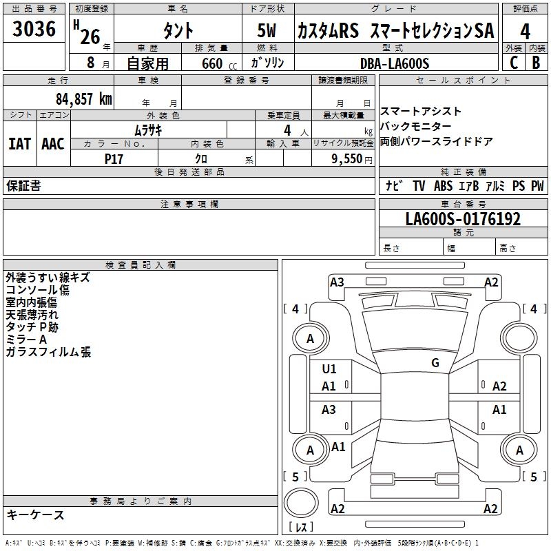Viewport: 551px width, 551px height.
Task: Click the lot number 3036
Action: (34, 29)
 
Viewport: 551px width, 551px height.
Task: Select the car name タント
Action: (178, 31)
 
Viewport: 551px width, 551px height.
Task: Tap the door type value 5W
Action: (268, 31)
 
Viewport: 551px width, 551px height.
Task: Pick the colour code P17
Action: (114, 158)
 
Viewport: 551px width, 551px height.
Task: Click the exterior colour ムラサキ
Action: (147, 129)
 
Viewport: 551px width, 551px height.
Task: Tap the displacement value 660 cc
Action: (211, 64)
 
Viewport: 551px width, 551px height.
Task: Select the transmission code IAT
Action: (19, 143)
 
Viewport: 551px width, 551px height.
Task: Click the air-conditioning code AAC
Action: (53, 143)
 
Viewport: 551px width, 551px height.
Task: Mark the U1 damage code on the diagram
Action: (329, 369)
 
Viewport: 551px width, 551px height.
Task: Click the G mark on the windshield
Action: (435, 363)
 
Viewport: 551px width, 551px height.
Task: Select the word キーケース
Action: (35, 514)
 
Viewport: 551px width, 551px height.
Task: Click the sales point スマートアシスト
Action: (421, 112)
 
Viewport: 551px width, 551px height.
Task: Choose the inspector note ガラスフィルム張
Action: (48, 352)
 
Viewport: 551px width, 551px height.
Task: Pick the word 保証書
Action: (23, 186)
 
